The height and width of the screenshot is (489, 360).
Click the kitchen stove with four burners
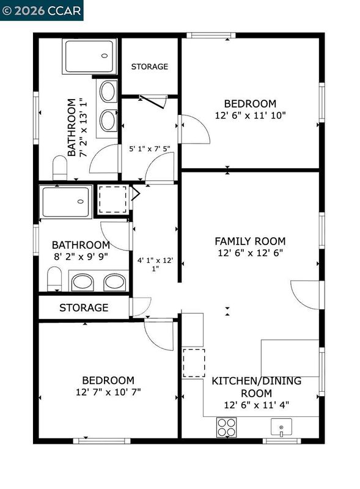pos(227,427)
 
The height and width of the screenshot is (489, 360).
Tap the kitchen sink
pos(281,427)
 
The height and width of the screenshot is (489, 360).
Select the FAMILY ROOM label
pos(250,241)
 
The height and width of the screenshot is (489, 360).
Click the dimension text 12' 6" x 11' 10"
pos(250,116)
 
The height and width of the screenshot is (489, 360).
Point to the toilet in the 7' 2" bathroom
pos(60,167)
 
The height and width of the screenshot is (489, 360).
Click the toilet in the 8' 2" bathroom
pos(54,279)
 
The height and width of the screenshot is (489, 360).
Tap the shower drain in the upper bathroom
pos(105,56)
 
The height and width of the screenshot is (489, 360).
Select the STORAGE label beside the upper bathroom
pos(149,67)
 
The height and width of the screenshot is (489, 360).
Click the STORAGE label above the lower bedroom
pos(84,307)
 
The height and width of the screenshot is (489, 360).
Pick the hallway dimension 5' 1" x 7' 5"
pos(150,149)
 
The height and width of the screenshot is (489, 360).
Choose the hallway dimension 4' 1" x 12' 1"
pos(155,264)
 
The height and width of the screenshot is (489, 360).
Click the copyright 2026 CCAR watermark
pos(42,10)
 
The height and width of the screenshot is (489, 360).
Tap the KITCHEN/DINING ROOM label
pos(257,387)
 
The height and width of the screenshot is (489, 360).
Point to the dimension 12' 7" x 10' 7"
pos(108,392)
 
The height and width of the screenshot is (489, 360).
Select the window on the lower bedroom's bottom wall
pos(101,441)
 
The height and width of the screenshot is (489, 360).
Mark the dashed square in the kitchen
pos(194,363)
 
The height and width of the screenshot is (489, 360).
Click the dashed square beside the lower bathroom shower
pos(113,200)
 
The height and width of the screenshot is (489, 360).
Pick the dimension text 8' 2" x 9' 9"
pos(81,257)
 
